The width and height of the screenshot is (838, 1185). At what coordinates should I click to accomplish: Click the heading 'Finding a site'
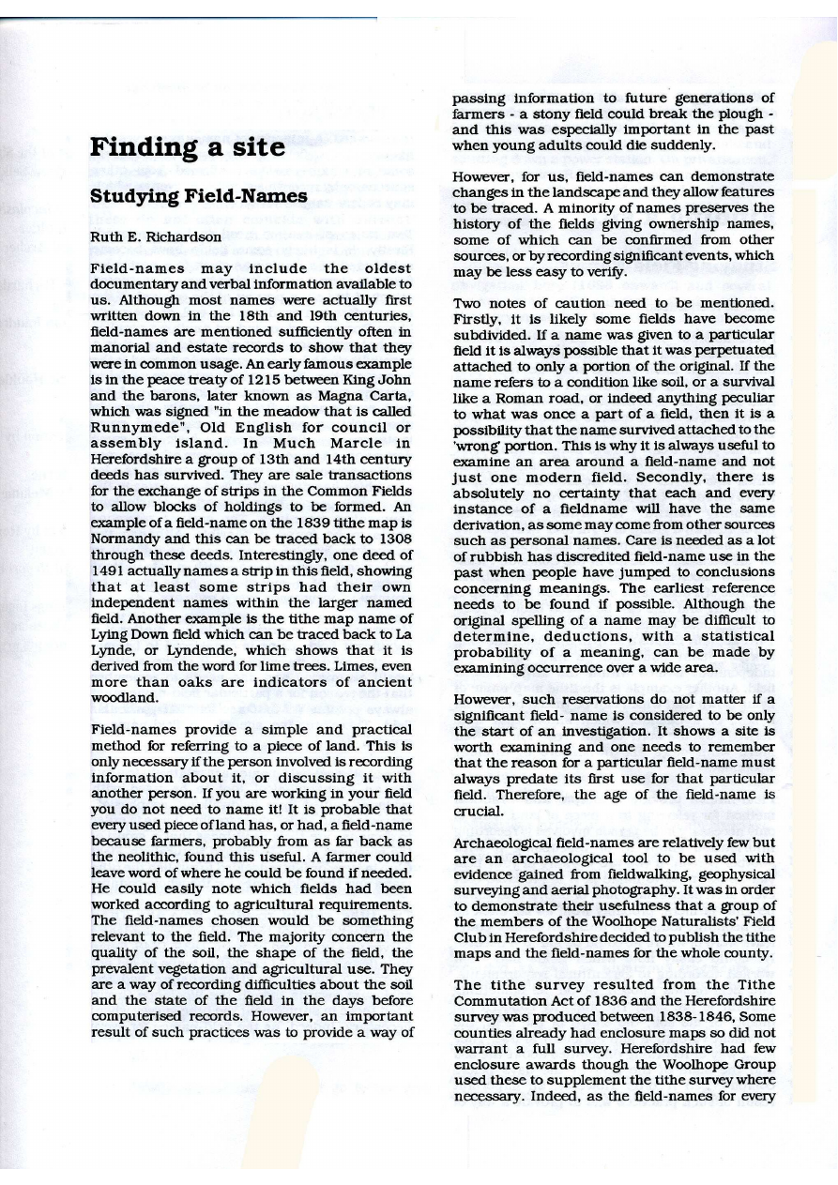pos(187,148)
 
